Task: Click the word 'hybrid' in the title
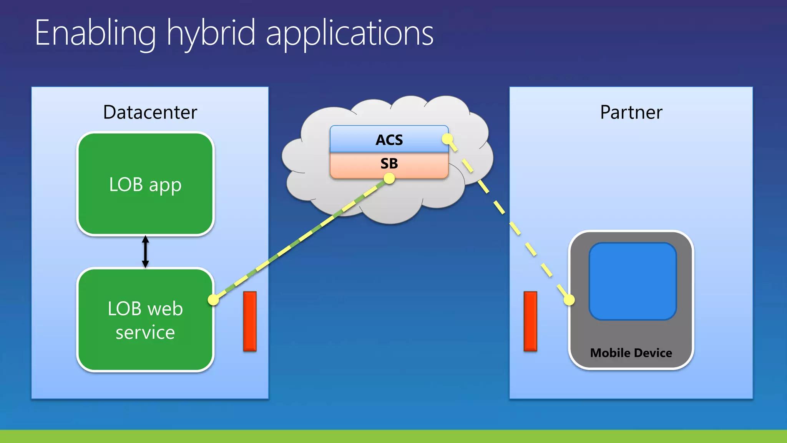[211, 34]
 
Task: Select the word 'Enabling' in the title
[95, 34]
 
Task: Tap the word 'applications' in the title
[349, 34]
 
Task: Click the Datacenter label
[150, 112]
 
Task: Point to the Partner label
[631, 112]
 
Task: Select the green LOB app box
[145, 162]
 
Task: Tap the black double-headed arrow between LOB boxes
[145, 251]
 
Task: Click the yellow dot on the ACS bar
[447, 139]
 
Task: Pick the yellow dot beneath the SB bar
[389, 178]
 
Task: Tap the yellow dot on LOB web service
[213, 300]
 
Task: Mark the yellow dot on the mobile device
[569, 300]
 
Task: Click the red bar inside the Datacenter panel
[250, 321]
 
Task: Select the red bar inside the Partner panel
[530, 321]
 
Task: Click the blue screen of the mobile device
[633, 281]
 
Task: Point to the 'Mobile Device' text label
[631, 353]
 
